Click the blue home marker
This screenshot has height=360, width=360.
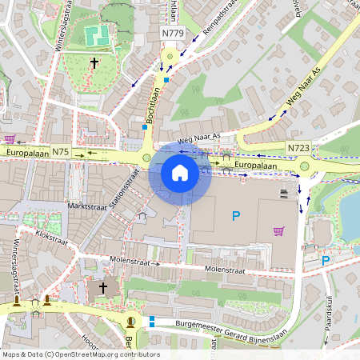click(180, 172)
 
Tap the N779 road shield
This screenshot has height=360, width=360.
click(172, 33)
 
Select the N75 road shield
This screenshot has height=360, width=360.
click(61, 151)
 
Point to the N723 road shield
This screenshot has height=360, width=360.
click(298, 148)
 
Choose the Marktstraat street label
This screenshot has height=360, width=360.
click(89, 206)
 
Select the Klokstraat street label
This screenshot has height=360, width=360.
click(52, 238)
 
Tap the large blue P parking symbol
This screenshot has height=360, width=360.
click(235, 215)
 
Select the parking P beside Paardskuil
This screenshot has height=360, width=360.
click(325, 260)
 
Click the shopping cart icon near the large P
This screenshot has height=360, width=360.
click(278, 231)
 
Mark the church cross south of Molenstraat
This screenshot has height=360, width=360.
click(102, 287)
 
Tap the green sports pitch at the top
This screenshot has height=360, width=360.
click(98, 35)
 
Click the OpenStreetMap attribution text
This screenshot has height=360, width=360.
click(81, 354)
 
